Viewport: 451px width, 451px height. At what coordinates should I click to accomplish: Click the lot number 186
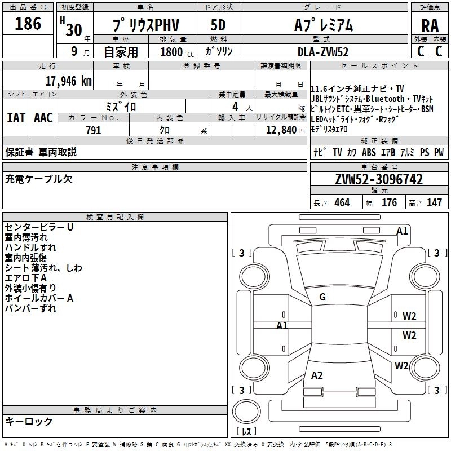[28, 24]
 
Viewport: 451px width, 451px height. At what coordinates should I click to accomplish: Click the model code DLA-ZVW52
[324, 52]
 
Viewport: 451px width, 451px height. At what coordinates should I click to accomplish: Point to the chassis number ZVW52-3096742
[379, 180]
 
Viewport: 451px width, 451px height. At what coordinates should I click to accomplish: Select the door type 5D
[218, 25]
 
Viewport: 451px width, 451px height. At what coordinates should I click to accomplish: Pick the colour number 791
[93, 130]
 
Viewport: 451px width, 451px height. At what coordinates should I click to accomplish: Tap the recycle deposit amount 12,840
[280, 130]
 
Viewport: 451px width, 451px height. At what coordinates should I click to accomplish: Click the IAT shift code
[16, 118]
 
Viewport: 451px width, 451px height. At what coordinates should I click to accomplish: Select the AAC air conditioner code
[43, 118]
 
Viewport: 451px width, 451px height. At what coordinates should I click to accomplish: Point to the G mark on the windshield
[322, 297]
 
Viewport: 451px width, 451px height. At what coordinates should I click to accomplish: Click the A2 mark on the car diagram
[317, 375]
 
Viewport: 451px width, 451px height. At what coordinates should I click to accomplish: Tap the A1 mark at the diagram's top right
[402, 231]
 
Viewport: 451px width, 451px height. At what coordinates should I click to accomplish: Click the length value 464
[341, 203]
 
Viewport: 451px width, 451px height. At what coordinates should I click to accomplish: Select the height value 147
[434, 203]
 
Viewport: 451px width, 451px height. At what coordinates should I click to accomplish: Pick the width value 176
[389, 203]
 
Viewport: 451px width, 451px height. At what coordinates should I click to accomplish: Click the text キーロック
[29, 421]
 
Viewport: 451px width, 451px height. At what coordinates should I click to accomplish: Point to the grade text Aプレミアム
[324, 25]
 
